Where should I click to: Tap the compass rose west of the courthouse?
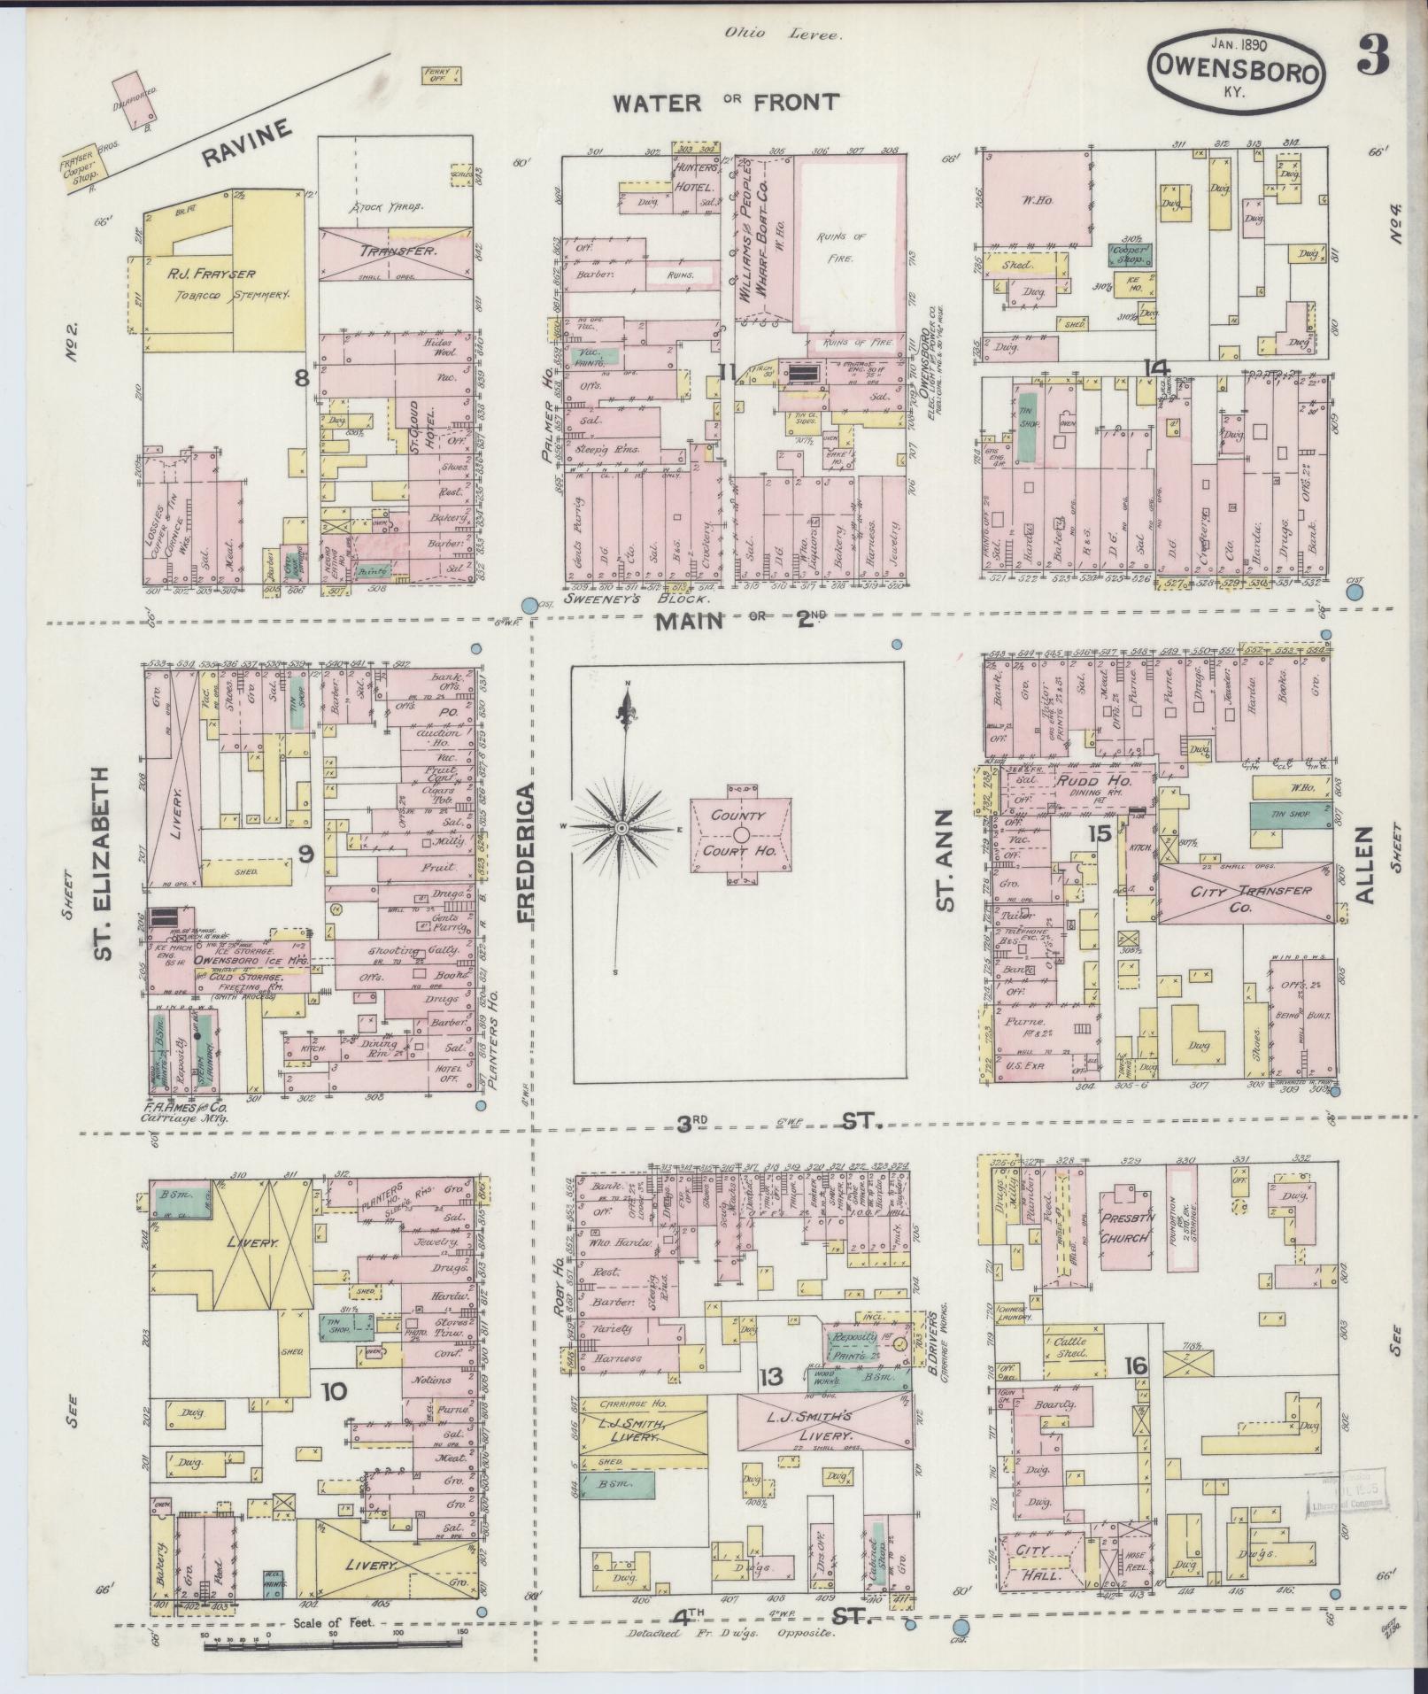(622, 827)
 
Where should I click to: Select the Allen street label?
(1363, 864)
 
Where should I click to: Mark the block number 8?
(302, 379)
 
